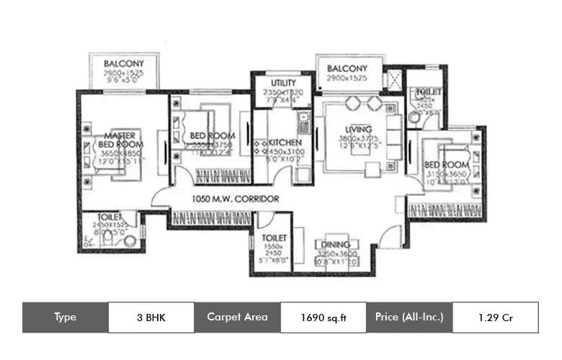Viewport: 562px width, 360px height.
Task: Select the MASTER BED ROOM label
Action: point(120,139)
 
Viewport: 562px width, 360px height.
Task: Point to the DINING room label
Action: point(336,245)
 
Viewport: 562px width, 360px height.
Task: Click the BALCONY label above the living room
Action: point(349,69)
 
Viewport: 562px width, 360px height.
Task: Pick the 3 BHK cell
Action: point(151,317)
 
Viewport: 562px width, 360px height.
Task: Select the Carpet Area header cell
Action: point(237,317)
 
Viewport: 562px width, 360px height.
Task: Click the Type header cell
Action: point(66,317)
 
